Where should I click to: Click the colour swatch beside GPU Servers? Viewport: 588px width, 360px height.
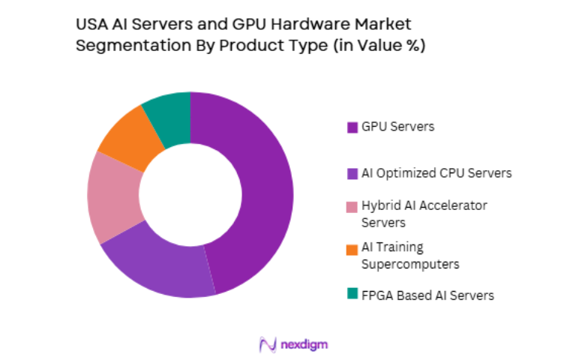pyautogui.click(x=352, y=127)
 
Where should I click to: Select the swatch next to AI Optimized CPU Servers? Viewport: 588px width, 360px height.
pyautogui.click(x=352, y=173)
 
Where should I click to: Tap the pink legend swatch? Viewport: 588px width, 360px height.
pyautogui.click(x=352, y=206)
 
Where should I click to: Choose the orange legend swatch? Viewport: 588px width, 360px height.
pyautogui.click(x=352, y=248)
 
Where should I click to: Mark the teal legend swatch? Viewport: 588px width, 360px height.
pyautogui.click(x=352, y=295)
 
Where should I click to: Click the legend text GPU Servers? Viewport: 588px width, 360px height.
pyautogui.click(x=397, y=127)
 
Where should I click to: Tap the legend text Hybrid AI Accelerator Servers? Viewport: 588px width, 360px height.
pyautogui.click(x=424, y=214)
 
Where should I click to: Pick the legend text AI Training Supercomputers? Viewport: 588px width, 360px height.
pyautogui.click(x=409, y=256)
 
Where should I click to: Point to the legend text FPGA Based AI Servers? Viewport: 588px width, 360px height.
pyautogui.click(x=427, y=295)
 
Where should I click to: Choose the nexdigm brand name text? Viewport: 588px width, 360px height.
pyautogui.click(x=304, y=343)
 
